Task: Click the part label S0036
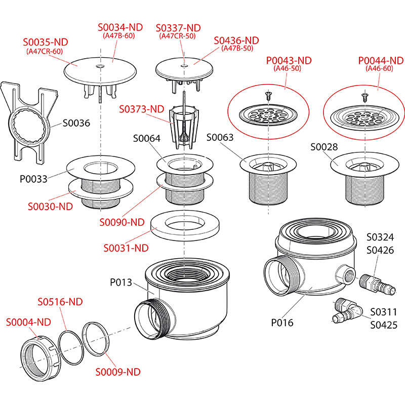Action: coord(76,123)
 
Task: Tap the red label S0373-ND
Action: coord(142,109)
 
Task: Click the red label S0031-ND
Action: coord(126,248)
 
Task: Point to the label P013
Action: coord(121,282)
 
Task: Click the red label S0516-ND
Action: coord(60,302)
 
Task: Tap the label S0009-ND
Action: coord(118,372)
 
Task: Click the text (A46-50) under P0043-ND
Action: coord(287,68)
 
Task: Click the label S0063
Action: coord(220,138)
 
